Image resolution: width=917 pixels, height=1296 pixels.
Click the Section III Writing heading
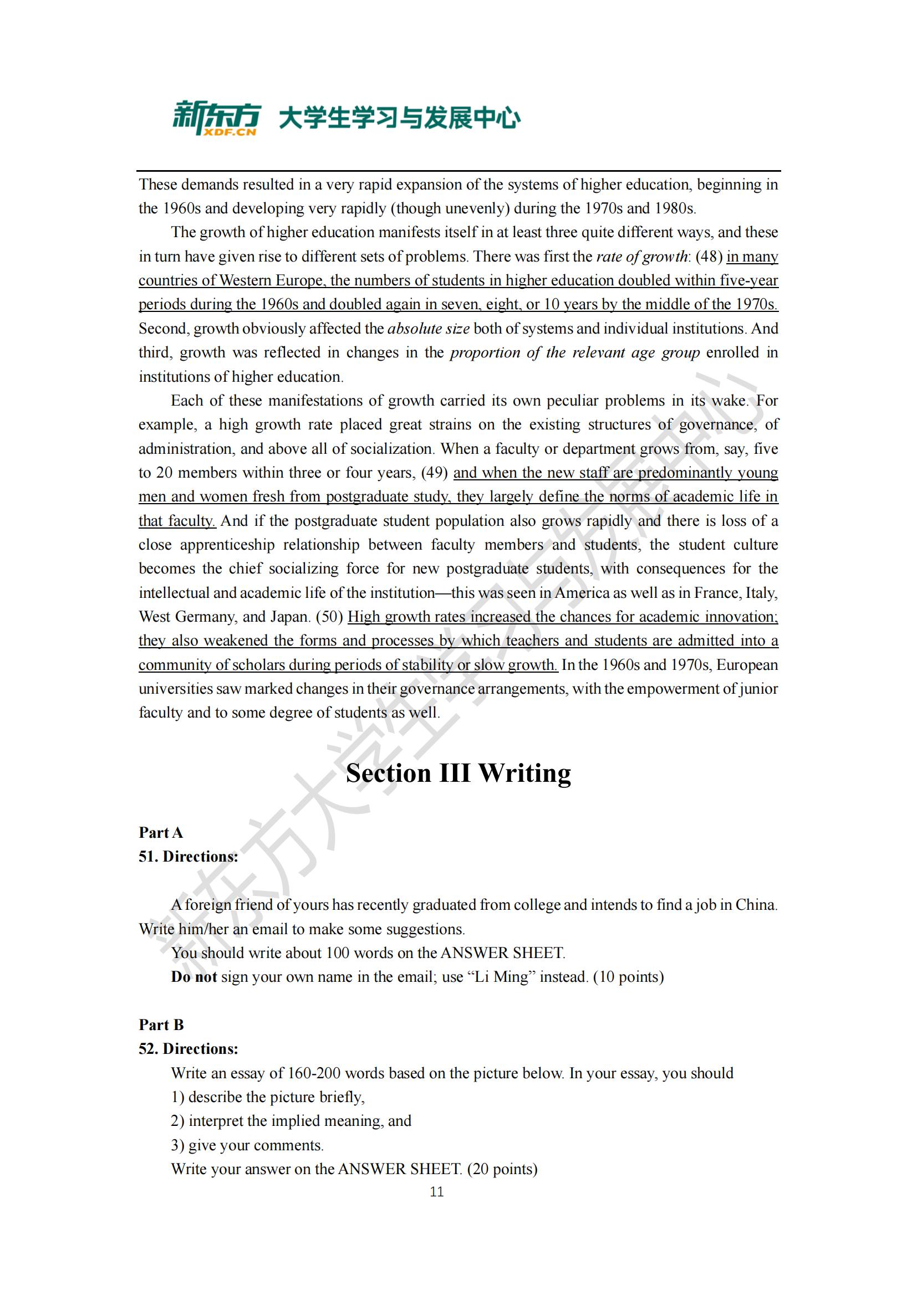click(x=458, y=773)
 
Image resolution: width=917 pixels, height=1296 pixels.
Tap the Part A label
click(x=161, y=833)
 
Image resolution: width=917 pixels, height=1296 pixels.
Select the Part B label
click(x=161, y=1024)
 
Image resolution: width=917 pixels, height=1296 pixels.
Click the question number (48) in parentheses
click(x=709, y=257)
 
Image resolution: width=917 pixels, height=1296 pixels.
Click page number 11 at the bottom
click(x=436, y=1192)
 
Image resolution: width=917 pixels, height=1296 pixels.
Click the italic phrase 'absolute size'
click(x=428, y=329)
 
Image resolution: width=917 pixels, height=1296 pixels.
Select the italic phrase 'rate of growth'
click(x=642, y=257)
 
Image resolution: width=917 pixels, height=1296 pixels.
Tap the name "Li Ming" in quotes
click(x=501, y=977)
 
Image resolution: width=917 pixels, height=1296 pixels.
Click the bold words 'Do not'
click(x=193, y=977)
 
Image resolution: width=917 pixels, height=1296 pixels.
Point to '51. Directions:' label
click(x=188, y=856)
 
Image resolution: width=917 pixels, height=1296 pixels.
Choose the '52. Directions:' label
click(x=188, y=1049)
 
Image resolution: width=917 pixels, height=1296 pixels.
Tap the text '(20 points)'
click(x=502, y=1169)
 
